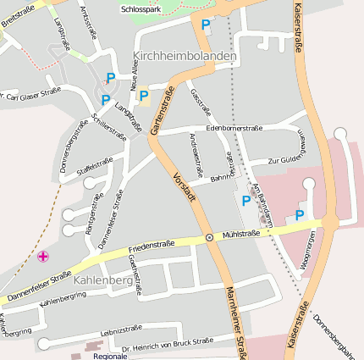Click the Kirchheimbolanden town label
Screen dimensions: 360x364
[x=185, y=55]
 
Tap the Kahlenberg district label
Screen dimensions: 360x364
[x=102, y=280]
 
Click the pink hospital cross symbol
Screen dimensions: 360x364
[x=43, y=256]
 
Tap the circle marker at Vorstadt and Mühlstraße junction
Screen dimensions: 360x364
[x=209, y=238]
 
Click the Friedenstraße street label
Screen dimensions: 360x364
[x=152, y=247]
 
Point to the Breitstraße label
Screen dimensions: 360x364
[x=18, y=14]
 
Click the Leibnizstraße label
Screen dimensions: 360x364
[x=121, y=330]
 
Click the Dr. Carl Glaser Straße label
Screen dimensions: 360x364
[x=31, y=94]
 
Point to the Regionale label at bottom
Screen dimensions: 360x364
[x=110, y=356]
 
